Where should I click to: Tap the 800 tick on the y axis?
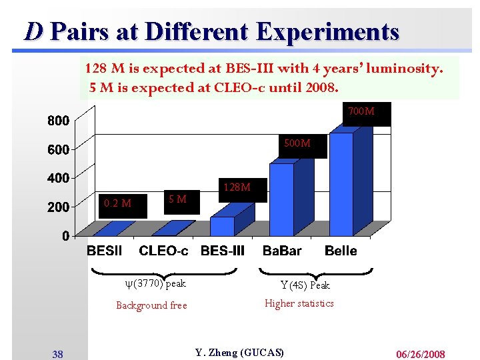coord(57,121)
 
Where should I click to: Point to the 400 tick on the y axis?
coord(57,179)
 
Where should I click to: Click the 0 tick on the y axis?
coord(65,236)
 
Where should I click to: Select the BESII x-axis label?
coord(105,251)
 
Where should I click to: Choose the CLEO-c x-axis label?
coord(163,251)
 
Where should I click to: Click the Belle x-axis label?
coord(341,251)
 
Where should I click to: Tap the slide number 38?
coord(58,353)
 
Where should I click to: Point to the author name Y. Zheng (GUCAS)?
coord(239,352)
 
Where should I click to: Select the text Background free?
coord(151,305)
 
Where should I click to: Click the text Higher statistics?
coord(299,303)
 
